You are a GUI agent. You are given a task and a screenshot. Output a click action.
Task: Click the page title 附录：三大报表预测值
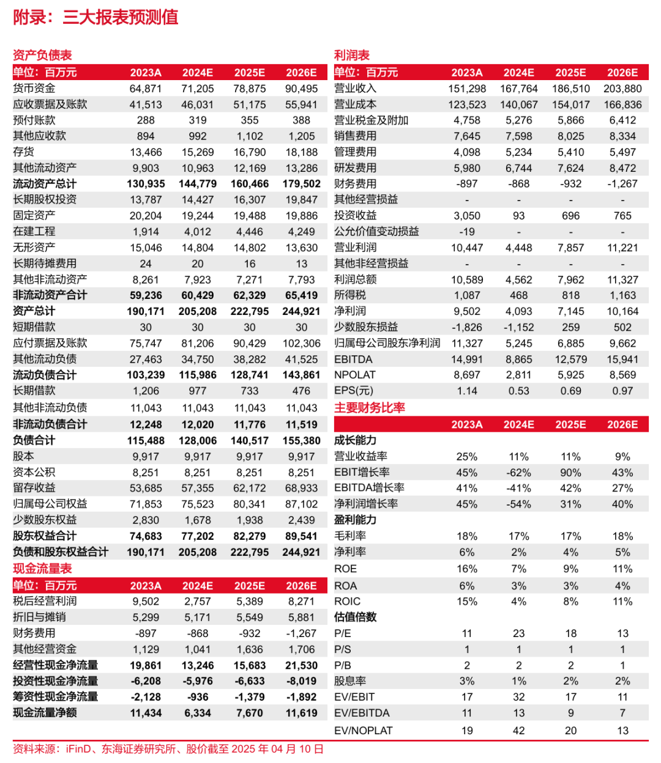(95, 17)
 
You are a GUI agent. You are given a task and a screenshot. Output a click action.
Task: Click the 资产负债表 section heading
(42, 55)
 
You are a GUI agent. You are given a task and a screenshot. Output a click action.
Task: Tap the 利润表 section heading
(352, 55)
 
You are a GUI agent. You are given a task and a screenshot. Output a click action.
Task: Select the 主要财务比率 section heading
(370, 408)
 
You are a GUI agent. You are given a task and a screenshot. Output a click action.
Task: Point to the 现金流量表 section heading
(42, 569)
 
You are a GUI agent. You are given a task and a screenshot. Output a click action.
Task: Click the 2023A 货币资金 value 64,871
(146, 89)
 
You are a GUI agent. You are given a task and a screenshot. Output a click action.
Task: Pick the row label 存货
(24, 152)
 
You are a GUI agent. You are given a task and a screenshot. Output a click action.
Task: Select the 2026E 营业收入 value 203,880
(622, 89)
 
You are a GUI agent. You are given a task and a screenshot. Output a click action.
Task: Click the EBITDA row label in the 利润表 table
(353, 359)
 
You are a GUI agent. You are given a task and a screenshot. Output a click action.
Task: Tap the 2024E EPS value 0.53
(518, 391)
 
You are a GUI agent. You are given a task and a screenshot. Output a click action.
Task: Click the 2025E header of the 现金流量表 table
(250, 586)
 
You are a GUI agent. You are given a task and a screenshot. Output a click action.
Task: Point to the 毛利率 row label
(350, 536)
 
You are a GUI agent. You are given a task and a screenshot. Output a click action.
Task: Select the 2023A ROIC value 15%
(467, 602)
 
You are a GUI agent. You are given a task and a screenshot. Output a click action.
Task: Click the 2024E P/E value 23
(518, 633)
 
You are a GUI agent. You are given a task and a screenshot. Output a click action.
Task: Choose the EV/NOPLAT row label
(363, 730)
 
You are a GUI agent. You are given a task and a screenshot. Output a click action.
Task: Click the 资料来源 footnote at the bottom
(168, 749)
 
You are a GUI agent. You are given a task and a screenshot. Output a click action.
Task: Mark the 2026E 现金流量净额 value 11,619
(301, 713)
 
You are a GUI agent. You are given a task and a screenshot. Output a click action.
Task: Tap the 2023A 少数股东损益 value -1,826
(467, 327)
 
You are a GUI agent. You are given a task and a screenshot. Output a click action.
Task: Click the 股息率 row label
(350, 681)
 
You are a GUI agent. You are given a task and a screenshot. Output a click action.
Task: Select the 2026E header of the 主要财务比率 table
(622, 424)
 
